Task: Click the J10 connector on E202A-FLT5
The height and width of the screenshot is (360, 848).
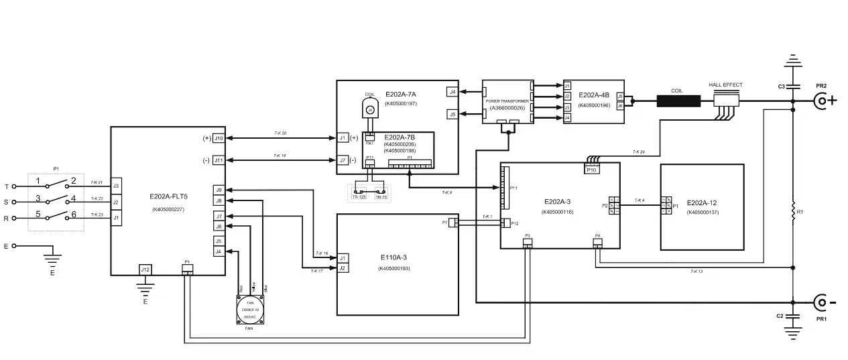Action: click(x=218, y=139)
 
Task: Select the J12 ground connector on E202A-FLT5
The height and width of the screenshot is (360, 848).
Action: click(x=145, y=269)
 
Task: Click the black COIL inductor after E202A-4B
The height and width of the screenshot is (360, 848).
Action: click(x=678, y=102)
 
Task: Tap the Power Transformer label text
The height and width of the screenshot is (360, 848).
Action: click(x=507, y=101)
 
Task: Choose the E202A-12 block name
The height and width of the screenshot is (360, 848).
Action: click(x=702, y=202)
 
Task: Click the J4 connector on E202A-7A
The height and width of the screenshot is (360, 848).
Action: click(x=452, y=92)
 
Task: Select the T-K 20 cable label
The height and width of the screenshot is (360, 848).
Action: click(x=280, y=133)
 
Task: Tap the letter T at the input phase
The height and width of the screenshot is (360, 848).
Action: click(x=7, y=186)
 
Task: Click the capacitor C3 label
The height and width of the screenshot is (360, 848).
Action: click(x=781, y=87)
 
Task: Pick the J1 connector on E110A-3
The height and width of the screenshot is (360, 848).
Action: click(x=343, y=258)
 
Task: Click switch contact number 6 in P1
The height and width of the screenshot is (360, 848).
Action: click(x=74, y=215)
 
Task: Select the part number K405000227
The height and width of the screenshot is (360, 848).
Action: click(x=168, y=210)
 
